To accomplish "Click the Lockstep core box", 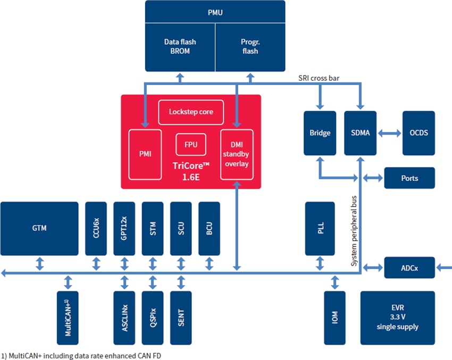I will click(x=191, y=112).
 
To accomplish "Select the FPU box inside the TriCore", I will click(x=191, y=144).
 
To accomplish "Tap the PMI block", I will click(x=145, y=154).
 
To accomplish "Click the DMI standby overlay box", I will click(x=237, y=154).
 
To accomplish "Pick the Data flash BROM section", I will click(x=180, y=47).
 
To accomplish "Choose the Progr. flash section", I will click(x=249, y=47).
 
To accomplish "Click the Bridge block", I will click(x=320, y=133).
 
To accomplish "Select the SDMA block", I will click(x=360, y=133).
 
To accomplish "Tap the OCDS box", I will click(x=418, y=133).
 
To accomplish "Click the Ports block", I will click(x=409, y=178).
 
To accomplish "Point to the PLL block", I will click(x=320, y=228).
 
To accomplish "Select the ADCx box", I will click(x=409, y=268).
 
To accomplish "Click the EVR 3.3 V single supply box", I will click(x=397, y=317).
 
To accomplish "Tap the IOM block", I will click(x=334, y=317).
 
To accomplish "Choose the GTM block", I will click(x=39, y=228).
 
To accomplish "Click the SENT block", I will click(x=180, y=317).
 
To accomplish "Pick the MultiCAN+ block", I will click(x=68, y=317).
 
